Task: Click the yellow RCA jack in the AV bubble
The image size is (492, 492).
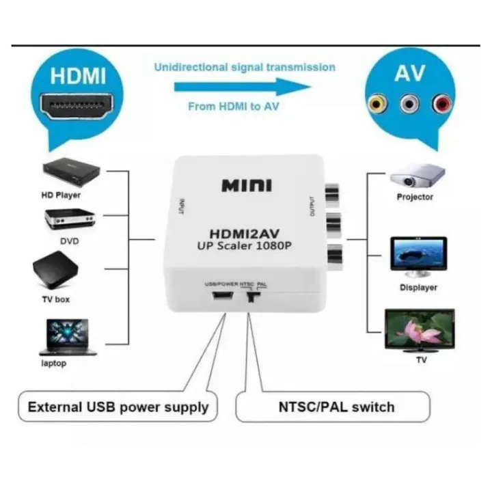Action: click(377, 105)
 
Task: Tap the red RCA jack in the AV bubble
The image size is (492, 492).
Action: click(441, 105)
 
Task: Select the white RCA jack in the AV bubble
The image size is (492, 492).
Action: click(409, 105)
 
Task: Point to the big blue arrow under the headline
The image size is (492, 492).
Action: click(243, 87)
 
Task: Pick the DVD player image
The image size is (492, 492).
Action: click(70, 219)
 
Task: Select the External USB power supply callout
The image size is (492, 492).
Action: click(118, 408)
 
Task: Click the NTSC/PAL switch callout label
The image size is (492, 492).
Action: click(336, 407)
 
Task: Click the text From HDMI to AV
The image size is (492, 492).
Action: click(233, 106)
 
